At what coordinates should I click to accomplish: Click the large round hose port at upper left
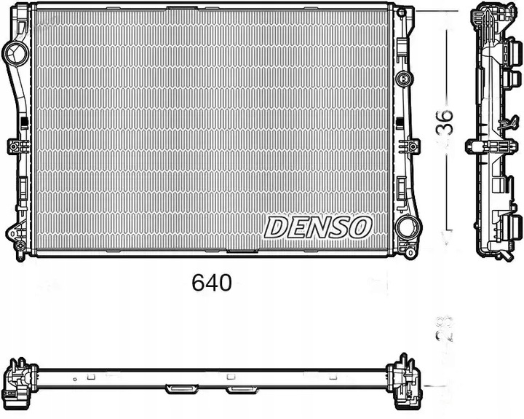pos(15,52)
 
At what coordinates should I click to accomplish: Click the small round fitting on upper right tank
pos(402,79)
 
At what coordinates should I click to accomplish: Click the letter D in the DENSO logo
pos(276,227)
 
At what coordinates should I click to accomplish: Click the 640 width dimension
pos(213,283)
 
